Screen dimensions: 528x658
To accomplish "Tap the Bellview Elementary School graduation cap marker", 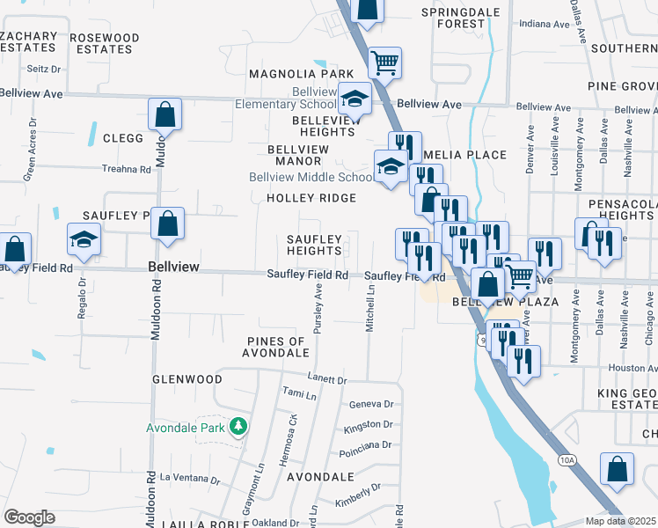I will [x=355, y=99].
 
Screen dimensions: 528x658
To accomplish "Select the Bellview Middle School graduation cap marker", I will [x=390, y=165].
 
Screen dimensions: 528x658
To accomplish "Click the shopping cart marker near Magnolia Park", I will [x=384, y=62].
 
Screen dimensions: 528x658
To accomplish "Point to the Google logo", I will [x=29, y=517].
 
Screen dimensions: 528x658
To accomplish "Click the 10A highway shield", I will [x=566, y=459].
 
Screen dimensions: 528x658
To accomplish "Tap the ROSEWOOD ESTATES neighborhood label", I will [x=104, y=43].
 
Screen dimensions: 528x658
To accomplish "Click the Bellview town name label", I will [x=173, y=266].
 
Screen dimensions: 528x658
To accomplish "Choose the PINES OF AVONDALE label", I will [x=276, y=347].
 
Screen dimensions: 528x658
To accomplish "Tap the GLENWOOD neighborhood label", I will [x=187, y=379].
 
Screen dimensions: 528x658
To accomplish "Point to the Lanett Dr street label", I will [x=328, y=379].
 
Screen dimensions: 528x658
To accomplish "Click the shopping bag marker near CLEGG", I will [x=165, y=114].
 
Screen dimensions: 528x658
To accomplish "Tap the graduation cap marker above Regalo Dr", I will [x=84, y=239].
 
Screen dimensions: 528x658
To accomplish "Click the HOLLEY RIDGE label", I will [x=311, y=198].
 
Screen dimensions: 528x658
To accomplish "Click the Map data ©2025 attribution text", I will [x=620, y=521].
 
